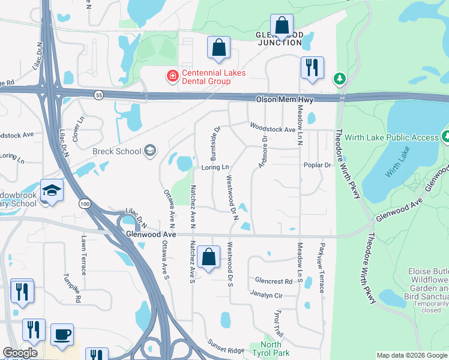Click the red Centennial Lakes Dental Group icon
(172, 76)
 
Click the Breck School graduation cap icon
(150, 151)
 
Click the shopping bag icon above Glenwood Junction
(281, 26)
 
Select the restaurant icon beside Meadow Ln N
(312, 68)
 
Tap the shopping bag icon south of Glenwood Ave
(208, 257)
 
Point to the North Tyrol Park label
(271, 349)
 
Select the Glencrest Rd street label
(273, 280)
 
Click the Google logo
(20, 353)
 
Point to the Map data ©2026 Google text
(412, 355)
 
